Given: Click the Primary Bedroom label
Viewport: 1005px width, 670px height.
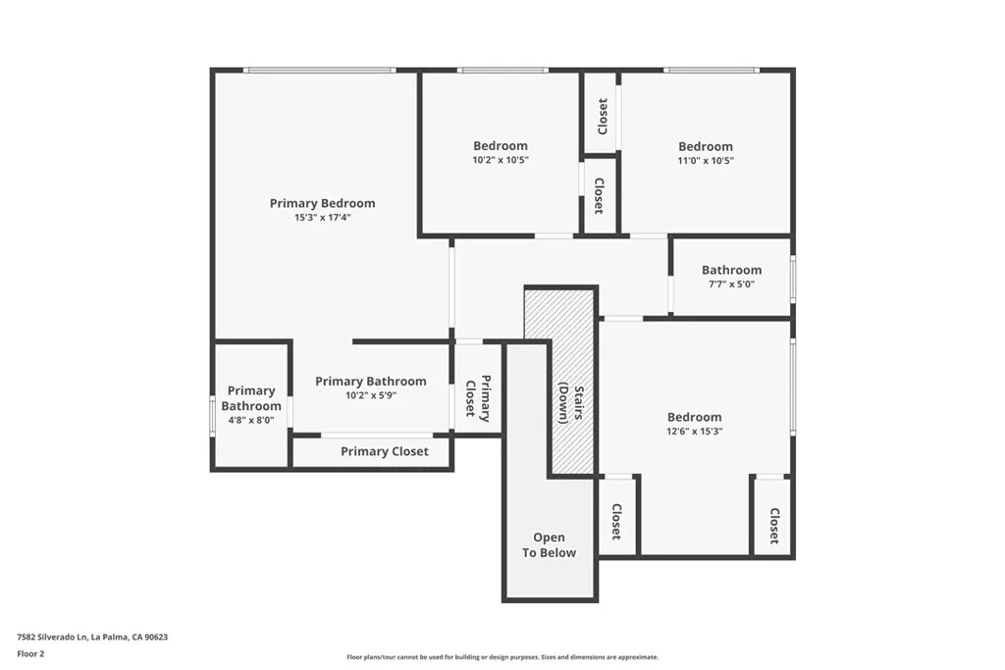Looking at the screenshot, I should coord(322,203).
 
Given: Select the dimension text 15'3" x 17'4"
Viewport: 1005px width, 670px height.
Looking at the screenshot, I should coord(322,218).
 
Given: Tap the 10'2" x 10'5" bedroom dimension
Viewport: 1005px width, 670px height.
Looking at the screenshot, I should coord(500,160).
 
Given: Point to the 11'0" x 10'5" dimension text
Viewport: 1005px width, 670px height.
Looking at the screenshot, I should coord(705,160).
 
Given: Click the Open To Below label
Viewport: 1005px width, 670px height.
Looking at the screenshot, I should coord(549,544).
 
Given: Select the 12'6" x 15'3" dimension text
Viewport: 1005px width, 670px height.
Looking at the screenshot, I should coord(694,431).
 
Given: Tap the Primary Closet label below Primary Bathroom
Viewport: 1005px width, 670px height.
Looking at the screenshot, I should coord(384,451).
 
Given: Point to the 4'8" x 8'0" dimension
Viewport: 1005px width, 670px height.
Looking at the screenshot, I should coord(250,420).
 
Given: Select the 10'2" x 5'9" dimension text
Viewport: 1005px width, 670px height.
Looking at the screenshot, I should coord(370,395).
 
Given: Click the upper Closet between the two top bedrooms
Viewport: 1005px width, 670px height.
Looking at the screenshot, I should coord(602,116).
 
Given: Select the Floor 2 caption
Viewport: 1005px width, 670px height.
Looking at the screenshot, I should coord(30,653).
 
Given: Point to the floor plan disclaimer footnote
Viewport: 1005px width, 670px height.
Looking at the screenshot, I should coord(502,657).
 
